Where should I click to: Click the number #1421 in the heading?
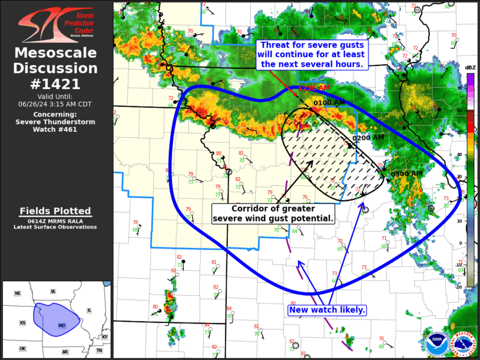tap(57, 84)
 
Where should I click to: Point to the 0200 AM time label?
tap(368, 138)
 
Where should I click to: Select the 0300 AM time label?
tap(406, 174)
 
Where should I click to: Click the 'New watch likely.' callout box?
tap(327, 310)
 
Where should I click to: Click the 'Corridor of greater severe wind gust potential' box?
tap(273, 213)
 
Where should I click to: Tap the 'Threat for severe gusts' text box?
tap(313, 54)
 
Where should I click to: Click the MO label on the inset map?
tap(62, 325)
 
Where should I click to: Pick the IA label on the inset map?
tap(53, 292)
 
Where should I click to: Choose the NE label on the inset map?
tap(18, 293)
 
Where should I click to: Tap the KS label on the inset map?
tap(22, 323)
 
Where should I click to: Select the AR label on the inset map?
tap(65, 352)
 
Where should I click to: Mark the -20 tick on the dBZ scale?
tap(459, 287)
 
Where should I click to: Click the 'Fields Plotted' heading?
tap(56, 211)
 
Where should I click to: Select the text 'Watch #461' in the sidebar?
tap(56, 130)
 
